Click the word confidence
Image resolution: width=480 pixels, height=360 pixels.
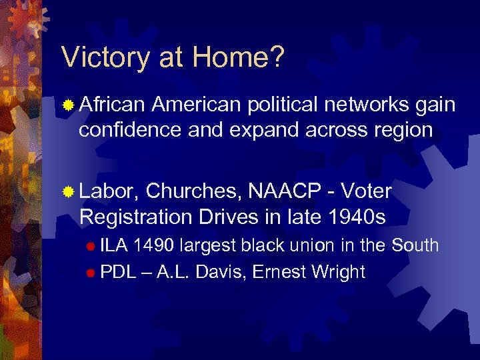(130, 129)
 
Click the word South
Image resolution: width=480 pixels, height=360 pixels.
(415, 245)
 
